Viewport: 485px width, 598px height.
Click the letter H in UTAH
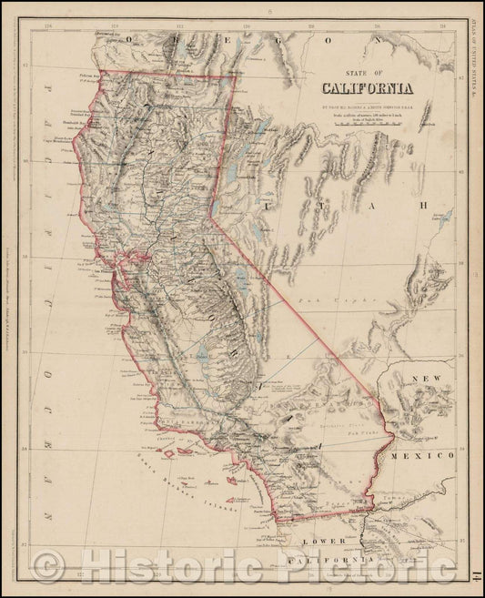[x=421, y=206]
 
